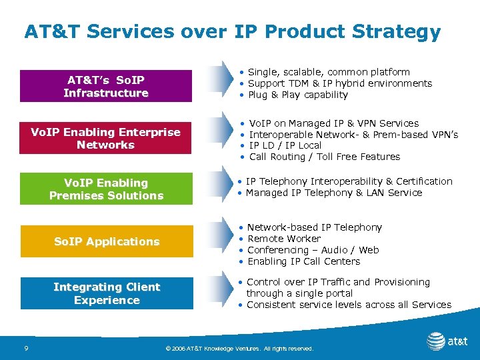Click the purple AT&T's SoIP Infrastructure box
(106, 87)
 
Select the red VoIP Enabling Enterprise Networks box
(106, 138)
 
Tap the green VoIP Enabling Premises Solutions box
(106, 189)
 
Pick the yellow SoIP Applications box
(106, 241)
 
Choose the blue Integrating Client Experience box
(106, 293)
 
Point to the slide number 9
(25, 348)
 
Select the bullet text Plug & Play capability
(297, 95)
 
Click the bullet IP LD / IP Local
(285, 145)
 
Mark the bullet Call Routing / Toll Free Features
(324, 157)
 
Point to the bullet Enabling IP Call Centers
(303, 261)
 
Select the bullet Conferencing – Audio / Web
(313, 250)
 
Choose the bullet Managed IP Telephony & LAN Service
(333, 193)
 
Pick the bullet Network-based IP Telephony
(314, 227)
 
